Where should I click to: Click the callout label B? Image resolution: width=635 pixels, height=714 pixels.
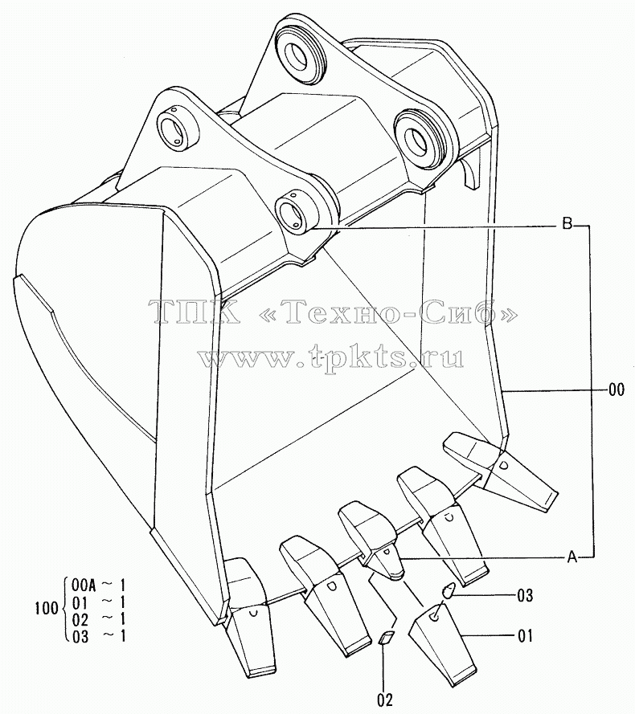pyautogui.click(x=567, y=225)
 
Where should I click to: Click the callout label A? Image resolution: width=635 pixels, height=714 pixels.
pyautogui.click(x=572, y=557)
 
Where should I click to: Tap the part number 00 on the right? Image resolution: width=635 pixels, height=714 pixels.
pyautogui.click(x=617, y=390)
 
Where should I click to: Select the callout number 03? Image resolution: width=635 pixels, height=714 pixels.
pyautogui.click(x=525, y=595)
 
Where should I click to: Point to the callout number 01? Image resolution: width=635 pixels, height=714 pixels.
pyautogui.click(x=525, y=635)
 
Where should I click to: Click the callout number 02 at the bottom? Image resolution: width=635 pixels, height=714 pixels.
pyautogui.click(x=385, y=699)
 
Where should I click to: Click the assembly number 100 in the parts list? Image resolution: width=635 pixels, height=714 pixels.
pyautogui.click(x=47, y=608)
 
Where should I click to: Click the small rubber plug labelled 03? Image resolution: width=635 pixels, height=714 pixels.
pyautogui.click(x=448, y=590)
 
